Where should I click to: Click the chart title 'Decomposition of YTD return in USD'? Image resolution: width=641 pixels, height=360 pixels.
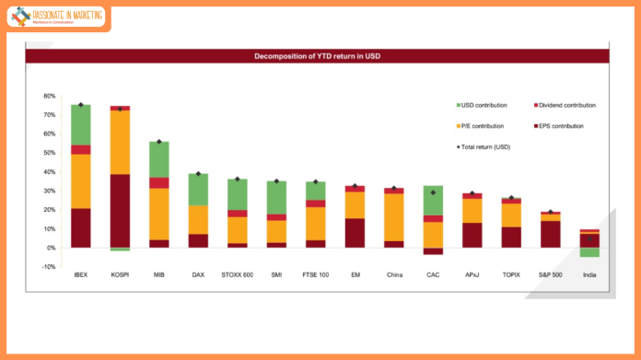pos(318,56)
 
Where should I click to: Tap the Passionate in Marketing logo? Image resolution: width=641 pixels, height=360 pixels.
pos(57,17)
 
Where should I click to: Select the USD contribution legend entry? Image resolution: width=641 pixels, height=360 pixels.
pos(484,105)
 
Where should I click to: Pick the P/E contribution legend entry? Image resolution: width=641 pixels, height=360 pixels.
pos(484,125)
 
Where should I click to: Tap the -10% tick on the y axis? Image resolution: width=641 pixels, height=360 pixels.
pos(50,267)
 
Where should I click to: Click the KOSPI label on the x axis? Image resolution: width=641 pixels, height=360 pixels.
pos(120,275)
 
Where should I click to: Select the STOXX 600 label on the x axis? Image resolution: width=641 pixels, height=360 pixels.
pos(238,275)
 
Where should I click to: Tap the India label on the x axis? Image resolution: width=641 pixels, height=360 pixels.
pos(589,275)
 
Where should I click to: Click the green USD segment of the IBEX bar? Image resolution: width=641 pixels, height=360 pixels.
pos(81,124)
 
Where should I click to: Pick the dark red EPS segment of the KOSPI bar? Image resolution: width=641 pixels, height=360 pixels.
pos(120,211)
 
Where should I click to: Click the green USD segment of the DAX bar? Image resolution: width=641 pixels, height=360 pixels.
pos(198,189)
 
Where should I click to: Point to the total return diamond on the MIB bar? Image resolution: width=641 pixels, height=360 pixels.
pos(158,142)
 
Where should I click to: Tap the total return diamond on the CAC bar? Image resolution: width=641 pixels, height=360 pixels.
pos(433,192)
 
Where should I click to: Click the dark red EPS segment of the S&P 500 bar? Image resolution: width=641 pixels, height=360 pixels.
pos(550,234)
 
